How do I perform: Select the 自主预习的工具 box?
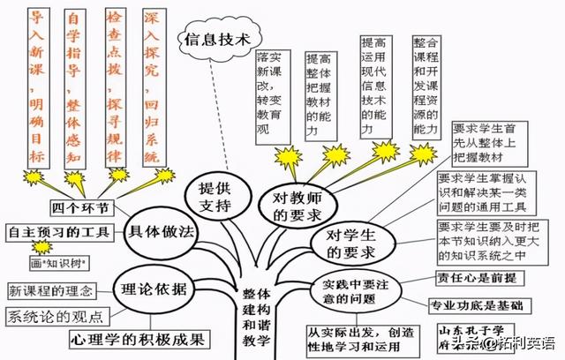click(x=58, y=233)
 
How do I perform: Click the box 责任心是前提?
click(x=477, y=276)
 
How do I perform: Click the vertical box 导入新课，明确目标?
click(x=35, y=89)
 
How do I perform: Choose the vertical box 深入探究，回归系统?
click(x=155, y=89)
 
